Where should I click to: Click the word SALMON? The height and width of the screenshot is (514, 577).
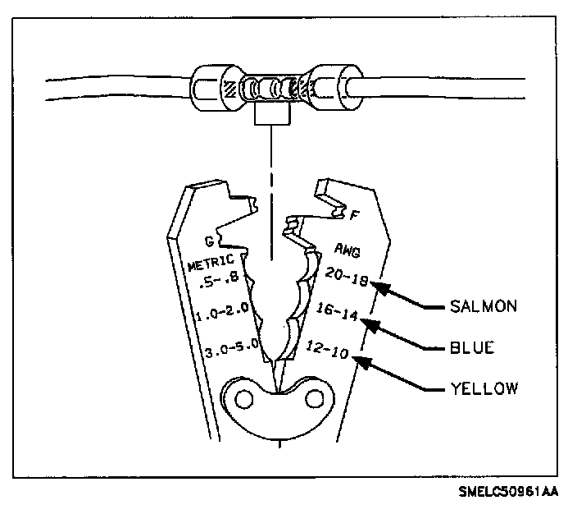pyautogui.click(x=484, y=306)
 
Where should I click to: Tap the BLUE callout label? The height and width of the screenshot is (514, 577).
pyautogui.click(x=472, y=347)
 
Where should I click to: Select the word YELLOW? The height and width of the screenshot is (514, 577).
pyautogui.click(x=484, y=388)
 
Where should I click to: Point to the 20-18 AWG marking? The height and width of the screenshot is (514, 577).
pyautogui.click(x=346, y=277)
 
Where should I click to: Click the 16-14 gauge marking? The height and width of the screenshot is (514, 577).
pyautogui.click(x=337, y=311)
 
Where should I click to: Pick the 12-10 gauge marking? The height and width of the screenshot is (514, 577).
pyautogui.click(x=327, y=349)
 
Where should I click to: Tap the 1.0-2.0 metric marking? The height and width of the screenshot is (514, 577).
pyautogui.click(x=223, y=311)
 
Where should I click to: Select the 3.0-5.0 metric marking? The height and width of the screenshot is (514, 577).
pyautogui.click(x=232, y=347)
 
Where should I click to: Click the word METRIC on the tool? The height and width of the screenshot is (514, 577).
pyautogui.click(x=211, y=262)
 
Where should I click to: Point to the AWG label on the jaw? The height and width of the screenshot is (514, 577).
pyautogui.click(x=347, y=250)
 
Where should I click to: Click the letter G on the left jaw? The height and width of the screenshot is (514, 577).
pyautogui.click(x=209, y=241)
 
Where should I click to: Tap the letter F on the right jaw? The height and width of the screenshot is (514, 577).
pyautogui.click(x=354, y=214)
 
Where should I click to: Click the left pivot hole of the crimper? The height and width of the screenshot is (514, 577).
pyautogui.click(x=244, y=399)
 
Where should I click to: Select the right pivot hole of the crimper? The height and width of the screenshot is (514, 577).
pyautogui.click(x=315, y=398)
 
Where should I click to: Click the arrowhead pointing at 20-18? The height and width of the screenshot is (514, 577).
pyautogui.click(x=379, y=287)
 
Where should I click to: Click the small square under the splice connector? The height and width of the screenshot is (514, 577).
pyautogui.click(x=272, y=114)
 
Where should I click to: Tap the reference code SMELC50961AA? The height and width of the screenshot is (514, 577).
pyautogui.click(x=508, y=492)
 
